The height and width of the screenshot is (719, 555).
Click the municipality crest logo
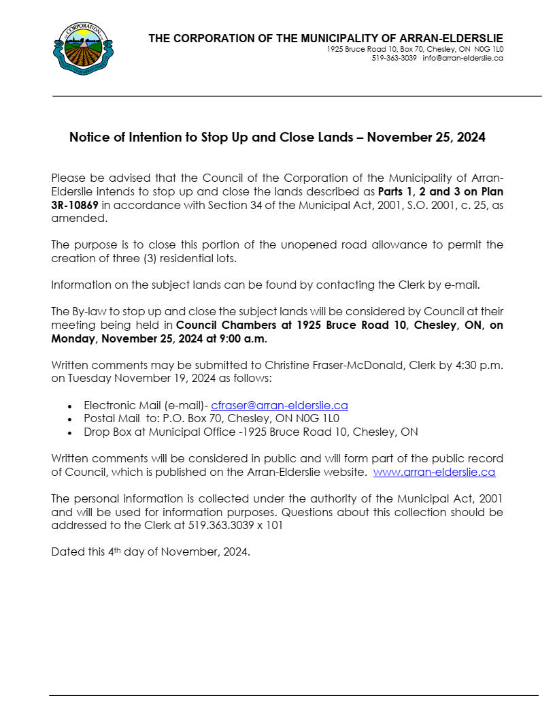pos(83,48)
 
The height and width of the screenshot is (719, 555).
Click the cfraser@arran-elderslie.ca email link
pos(280,405)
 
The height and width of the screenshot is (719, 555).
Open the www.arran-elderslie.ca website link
pos(434,471)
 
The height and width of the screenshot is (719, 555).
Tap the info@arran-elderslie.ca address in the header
pos(462,59)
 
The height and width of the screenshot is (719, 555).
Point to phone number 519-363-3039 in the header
pos(394,59)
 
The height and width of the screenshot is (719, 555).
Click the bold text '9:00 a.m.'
pos(246,338)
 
